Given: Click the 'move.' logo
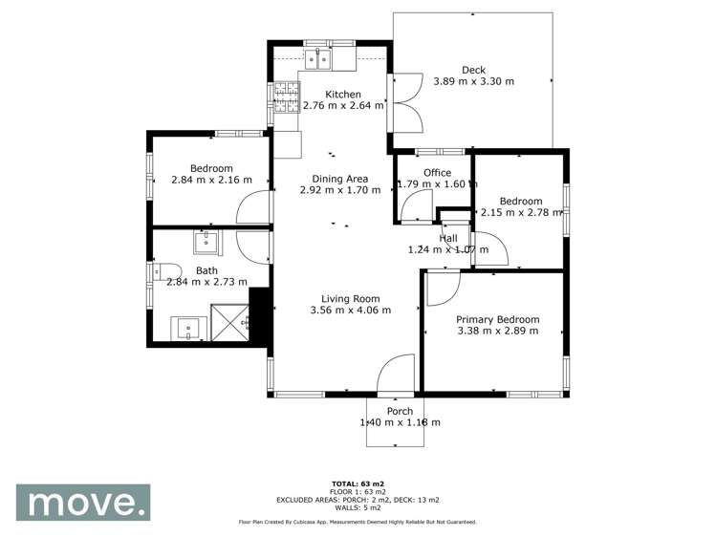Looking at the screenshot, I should pos(83,502).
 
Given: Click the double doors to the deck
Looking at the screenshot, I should pos(407,102).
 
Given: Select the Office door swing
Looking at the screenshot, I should pos(416,205).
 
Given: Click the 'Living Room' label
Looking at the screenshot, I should pos(351,297).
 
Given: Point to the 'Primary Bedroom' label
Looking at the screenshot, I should pos(497,319).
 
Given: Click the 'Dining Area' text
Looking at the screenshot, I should pos(340,178).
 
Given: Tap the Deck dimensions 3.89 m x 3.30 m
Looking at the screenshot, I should pos(473,82).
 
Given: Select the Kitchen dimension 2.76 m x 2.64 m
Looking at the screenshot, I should pos(343,106).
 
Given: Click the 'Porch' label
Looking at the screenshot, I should pos(400,411).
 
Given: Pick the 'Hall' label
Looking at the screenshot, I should pos(448,238).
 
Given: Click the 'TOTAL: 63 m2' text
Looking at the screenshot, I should pos(358,483).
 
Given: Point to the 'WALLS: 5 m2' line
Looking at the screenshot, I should pos(358,506).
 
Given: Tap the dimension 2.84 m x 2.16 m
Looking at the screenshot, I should pos(211,180).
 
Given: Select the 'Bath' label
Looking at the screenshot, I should pos(206,270).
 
